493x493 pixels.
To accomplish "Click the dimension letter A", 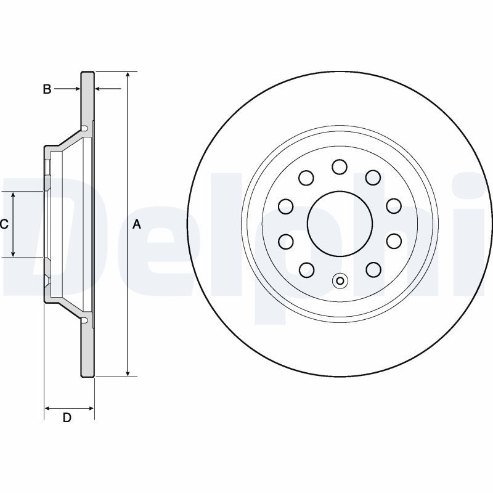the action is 136,224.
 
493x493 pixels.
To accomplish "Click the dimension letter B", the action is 47,89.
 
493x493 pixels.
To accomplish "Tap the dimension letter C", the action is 4,224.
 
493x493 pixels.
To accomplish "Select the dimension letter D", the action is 67,418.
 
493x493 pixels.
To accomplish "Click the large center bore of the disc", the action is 340,223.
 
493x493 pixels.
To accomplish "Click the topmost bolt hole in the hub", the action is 340,166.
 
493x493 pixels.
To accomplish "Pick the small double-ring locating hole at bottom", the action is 340,280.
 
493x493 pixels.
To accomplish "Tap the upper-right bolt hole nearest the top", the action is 373,177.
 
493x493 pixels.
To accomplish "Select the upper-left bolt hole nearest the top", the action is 306,177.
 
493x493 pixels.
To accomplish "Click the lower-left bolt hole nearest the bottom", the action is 306,270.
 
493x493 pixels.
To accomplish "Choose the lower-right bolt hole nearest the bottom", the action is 373,270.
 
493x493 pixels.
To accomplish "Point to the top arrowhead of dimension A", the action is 128,75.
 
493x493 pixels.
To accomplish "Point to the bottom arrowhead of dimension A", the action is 128,373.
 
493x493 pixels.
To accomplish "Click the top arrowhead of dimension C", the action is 13,195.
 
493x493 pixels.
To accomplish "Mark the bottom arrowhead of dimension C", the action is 13,253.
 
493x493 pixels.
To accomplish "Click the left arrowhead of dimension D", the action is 47,409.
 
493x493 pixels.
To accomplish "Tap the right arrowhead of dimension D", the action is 91,409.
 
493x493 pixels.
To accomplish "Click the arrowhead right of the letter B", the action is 78,89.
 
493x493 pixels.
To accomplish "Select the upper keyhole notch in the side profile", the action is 84,128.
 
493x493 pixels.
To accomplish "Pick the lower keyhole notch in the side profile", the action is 84,320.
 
